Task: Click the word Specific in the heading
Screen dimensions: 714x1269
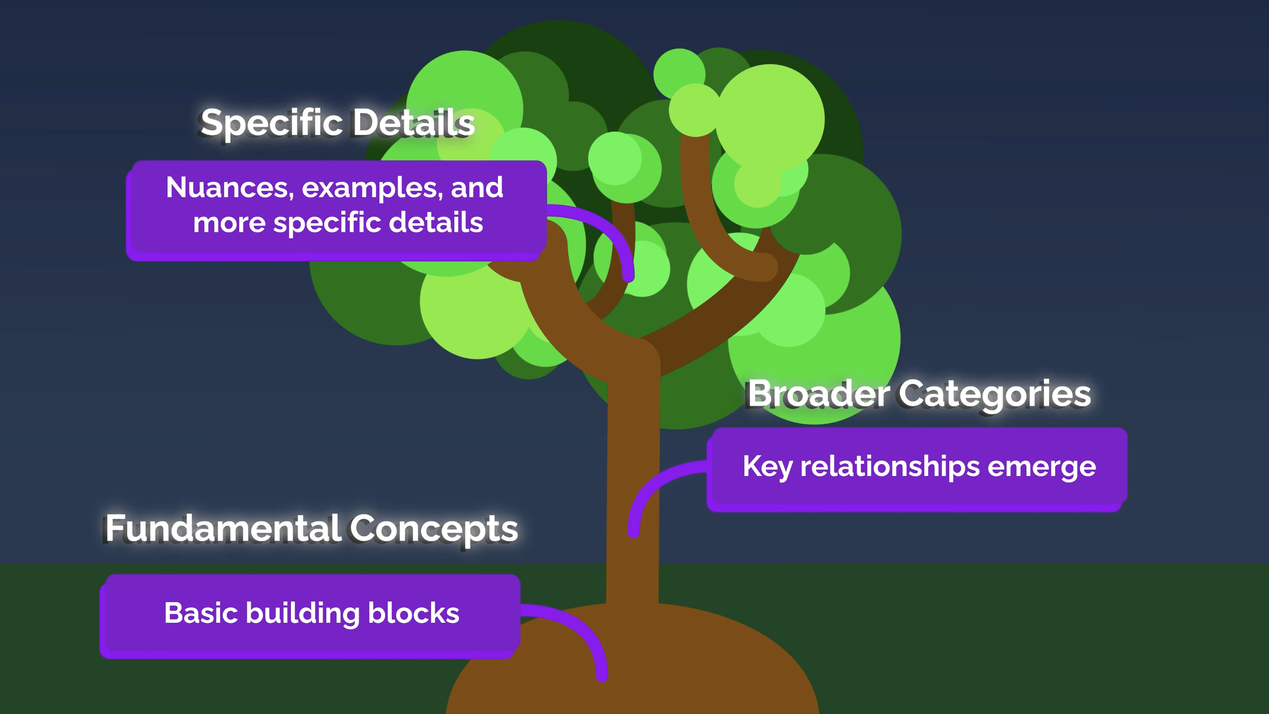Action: pos(271,123)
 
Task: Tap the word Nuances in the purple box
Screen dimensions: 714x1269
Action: pos(229,188)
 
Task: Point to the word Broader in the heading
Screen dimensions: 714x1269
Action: pos(818,394)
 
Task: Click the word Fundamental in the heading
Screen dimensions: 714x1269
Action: pos(223,528)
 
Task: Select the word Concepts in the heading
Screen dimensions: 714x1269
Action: pos(433,528)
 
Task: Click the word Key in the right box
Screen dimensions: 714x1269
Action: pos(766,467)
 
